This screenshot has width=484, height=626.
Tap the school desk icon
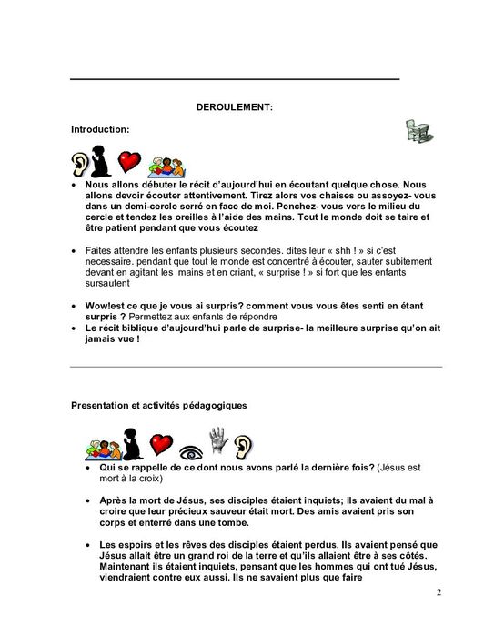tap(418, 133)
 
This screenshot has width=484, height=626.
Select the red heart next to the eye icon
tap(161, 445)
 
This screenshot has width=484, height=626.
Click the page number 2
tap(438, 593)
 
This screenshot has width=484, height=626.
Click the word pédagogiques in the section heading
tap(209, 404)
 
